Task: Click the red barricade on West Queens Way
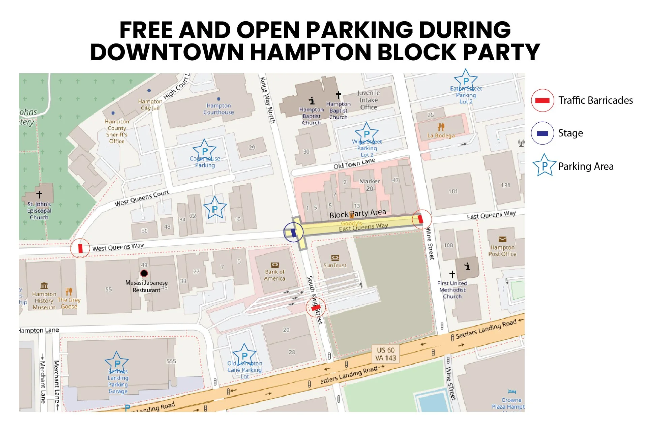pyautogui.click(x=80, y=248)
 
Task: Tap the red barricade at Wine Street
pyautogui.click(x=420, y=219)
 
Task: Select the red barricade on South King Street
pyautogui.click(x=316, y=307)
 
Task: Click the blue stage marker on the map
pyautogui.click(x=293, y=233)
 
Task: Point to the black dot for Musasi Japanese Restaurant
pyautogui.click(x=144, y=273)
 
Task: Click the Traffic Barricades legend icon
pyautogui.click(x=542, y=100)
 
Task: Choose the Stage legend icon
pyautogui.click(x=542, y=133)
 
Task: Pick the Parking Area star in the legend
pyautogui.click(x=544, y=165)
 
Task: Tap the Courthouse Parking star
pyautogui.click(x=205, y=151)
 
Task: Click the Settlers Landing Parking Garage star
pyautogui.click(x=117, y=363)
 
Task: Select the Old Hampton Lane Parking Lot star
pyautogui.click(x=244, y=355)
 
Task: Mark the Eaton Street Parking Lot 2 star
pyautogui.click(x=466, y=81)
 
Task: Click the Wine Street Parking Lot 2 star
pyautogui.click(x=366, y=133)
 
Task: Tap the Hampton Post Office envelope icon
pyautogui.click(x=502, y=239)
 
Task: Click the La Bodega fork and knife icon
pyautogui.click(x=441, y=127)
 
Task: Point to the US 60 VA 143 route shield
pyautogui.click(x=386, y=354)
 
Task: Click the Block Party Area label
pyautogui.click(x=357, y=213)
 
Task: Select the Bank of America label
pyautogui.click(x=275, y=275)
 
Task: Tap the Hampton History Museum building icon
pyautogui.click(x=44, y=286)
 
